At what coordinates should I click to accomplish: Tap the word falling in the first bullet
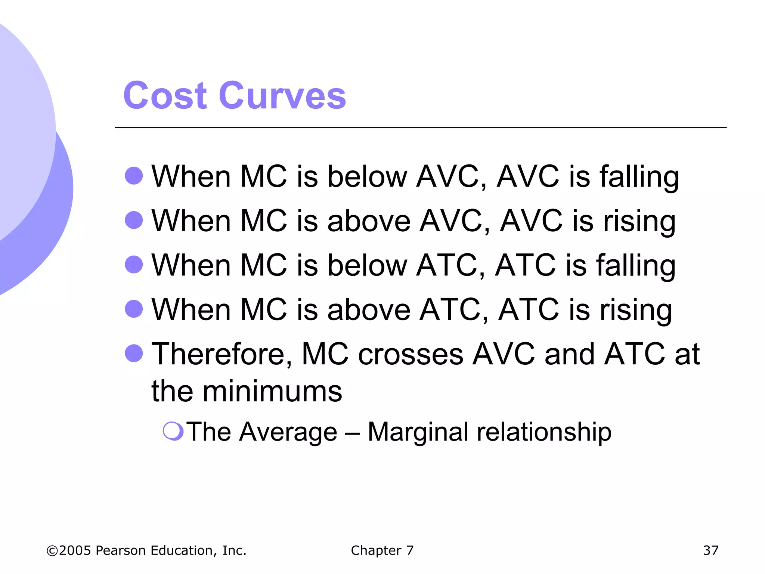[x=639, y=176]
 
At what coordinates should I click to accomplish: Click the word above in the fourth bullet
[x=369, y=310]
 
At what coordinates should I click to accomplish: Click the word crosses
[x=411, y=354]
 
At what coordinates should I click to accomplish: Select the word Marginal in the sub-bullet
[x=418, y=432]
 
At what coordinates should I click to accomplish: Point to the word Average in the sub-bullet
[x=288, y=432]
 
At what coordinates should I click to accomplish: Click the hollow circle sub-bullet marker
[x=173, y=431]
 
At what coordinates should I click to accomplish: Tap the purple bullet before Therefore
[x=134, y=353]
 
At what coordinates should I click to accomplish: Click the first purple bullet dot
[x=134, y=176]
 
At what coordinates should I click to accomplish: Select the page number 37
[x=710, y=550]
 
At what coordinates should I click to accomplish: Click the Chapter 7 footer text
[x=382, y=550]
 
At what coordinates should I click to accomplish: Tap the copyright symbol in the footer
[x=52, y=551]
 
